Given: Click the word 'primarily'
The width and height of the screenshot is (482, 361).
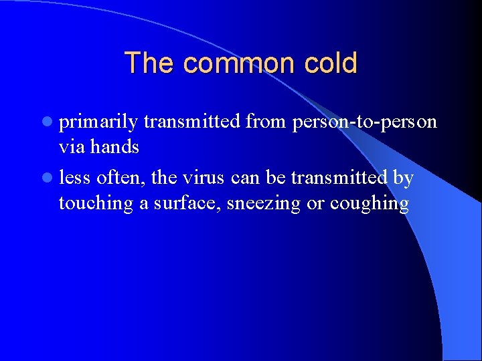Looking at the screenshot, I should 98,122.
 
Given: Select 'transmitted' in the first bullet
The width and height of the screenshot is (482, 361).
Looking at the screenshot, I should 192,122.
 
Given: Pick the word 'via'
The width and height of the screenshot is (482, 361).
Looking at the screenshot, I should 71,147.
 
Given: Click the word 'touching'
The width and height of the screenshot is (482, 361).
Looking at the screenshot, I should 97,203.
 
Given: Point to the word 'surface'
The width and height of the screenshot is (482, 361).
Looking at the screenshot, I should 187,203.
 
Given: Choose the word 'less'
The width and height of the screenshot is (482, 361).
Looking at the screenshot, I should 75,178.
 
